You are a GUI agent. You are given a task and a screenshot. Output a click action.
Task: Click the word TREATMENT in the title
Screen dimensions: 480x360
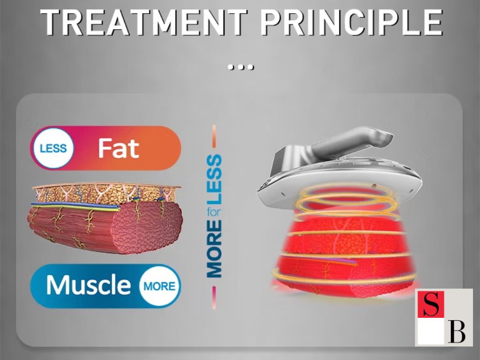(x=144, y=22)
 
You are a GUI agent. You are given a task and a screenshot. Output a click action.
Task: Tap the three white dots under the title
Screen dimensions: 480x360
(x=241, y=67)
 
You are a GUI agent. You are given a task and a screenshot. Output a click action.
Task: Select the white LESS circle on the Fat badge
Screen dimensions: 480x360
(x=53, y=148)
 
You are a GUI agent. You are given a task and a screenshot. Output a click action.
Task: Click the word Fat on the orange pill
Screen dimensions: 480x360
(x=119, y=148)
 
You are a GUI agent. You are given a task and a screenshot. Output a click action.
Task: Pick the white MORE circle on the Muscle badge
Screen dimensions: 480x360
(x=159, y=286)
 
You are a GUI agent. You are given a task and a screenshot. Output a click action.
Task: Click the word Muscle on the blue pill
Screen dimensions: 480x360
(x=89, y=285)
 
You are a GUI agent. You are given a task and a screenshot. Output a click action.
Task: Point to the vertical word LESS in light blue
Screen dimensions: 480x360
(x=214, y=180)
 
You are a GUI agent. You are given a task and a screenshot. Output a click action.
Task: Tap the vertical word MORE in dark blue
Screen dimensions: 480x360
(x=214, y=249)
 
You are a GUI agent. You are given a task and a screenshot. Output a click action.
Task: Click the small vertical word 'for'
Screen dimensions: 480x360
(x=214, y=212)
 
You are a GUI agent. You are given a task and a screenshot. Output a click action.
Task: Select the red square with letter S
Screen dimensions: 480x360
(x=431, y=304)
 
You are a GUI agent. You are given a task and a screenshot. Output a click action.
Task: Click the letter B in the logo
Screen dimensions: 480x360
(x=457, y=332)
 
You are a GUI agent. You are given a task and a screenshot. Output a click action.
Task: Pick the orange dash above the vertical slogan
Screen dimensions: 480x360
(x=214, y=136)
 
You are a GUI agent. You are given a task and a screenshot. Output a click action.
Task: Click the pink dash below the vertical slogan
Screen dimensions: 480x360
(x=214, y=298)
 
